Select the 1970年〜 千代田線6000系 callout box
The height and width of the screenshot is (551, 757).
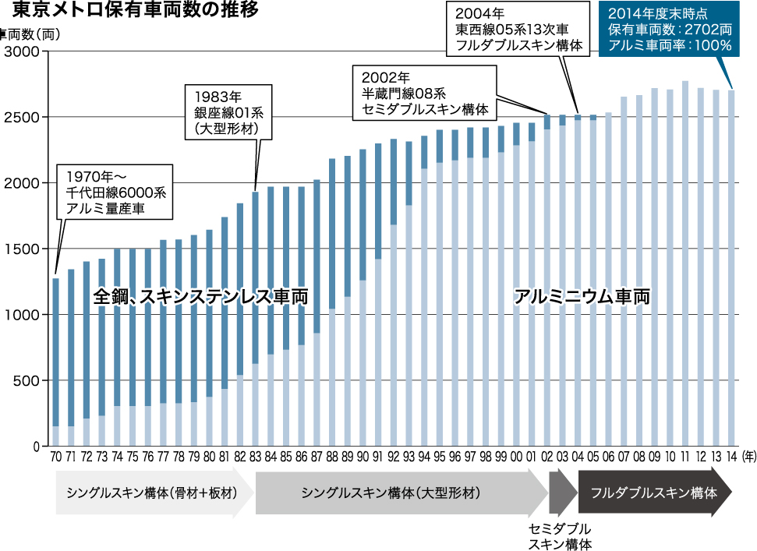[115, 191]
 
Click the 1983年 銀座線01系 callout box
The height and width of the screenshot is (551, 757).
[230, 112]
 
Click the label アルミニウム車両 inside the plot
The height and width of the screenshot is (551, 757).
[582, 297]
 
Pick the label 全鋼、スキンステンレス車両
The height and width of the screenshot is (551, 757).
[200, 297]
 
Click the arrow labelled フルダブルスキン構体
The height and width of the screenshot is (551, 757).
[653, 493]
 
